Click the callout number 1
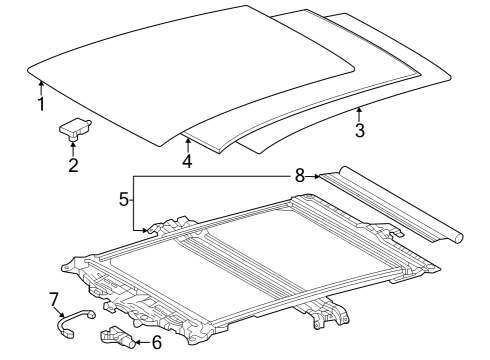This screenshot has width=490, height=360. pyautogui.click(x=41, y=104)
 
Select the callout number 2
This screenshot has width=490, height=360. pyautogui.click(x=73, y=165)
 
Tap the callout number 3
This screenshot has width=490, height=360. pyautogui.click(x=360, y=130)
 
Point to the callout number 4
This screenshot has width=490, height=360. pyautogui.click(x=188, y=161)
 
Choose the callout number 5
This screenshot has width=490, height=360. pyautogui.click(x=124, y=200)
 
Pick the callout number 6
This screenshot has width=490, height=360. pyautogui.click(x=157, y=342)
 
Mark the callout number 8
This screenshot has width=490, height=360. pyautogui.click(x=300, y=175)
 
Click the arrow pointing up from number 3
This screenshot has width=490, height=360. pyautogui.click(x=359, y=114)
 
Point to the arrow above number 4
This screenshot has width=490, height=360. pyautogui.click(x=188, y=146)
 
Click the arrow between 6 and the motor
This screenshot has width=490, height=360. pyautogui.click(x=143, y=342)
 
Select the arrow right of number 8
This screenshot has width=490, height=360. pyautogui.click(x=313, y=176)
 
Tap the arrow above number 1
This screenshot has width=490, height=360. pyautogui.click(x=41, y=88)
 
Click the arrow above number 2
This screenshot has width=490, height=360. pyautogui.click(x=73, y=149)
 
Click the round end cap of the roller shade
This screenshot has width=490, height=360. pyautogui.click(x=458, y=238)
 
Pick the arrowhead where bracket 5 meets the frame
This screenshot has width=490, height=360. pyautogui.click(x=145, y=230)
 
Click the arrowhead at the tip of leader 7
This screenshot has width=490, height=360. pyautogui.click(x=62, y=314)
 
